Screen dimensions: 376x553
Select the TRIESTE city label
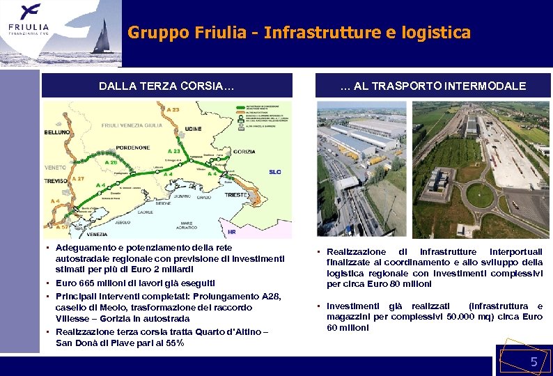[x=237, y=196]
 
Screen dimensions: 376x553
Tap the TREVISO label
[x=56, y=180]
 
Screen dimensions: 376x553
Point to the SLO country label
[x=275, y=172]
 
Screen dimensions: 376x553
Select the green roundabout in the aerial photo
[x=479, y=196]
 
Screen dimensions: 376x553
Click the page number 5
[x=534, y=361]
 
